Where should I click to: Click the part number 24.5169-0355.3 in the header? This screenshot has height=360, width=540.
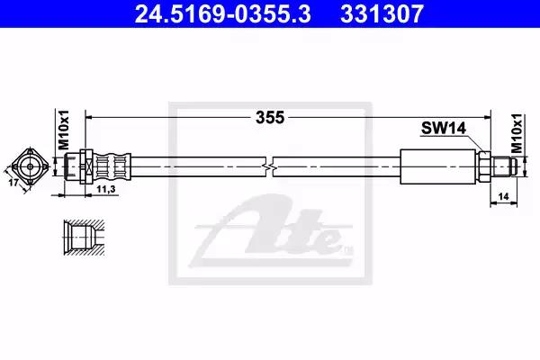223,13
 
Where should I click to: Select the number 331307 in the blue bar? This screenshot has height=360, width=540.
382,13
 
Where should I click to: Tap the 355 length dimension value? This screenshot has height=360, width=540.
270,118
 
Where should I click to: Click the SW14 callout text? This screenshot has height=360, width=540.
444,129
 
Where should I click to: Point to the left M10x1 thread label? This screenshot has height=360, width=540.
64,130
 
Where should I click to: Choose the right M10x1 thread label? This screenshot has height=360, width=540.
517,133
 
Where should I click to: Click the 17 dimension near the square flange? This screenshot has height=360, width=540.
13,182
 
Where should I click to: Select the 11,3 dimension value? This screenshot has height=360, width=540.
105,189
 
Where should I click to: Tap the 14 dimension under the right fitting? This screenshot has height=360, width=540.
503,197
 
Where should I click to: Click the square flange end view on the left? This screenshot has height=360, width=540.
30,166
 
